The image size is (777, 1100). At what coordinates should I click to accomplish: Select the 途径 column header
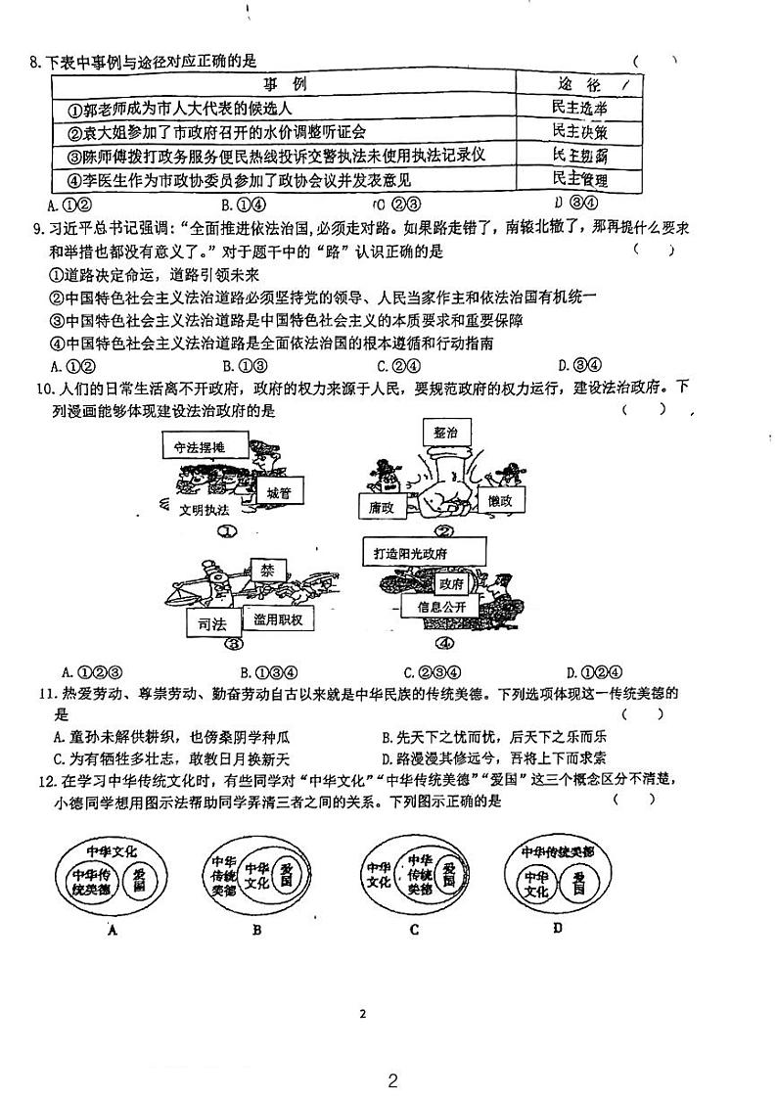point(579,84)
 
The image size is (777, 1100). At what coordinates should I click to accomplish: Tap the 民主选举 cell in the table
point(579,109)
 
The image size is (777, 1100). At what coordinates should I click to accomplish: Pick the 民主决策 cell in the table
point(579,132)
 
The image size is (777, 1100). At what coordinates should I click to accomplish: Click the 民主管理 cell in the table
point(579,179)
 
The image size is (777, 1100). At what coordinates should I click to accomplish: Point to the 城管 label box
point(279,493)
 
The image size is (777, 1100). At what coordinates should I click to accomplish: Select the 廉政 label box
point(383,507)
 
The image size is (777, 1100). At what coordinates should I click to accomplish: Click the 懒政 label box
point(506,500)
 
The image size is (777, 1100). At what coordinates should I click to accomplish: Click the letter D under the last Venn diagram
point(557,928)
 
